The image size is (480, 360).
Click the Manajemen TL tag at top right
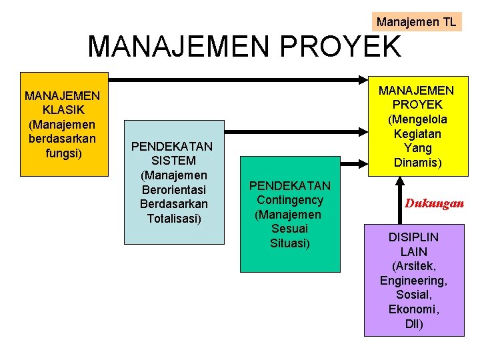tap(416, 22)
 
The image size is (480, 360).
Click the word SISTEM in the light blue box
tap(173, 161)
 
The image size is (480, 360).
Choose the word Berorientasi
tap(174, 189)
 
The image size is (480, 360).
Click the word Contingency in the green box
tap(289, 200)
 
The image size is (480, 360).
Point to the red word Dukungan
tap(434, 203)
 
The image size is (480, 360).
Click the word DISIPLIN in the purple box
tap(414, 237)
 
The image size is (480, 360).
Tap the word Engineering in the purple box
tap(413, 281)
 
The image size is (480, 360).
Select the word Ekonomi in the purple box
tap(413, 310)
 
